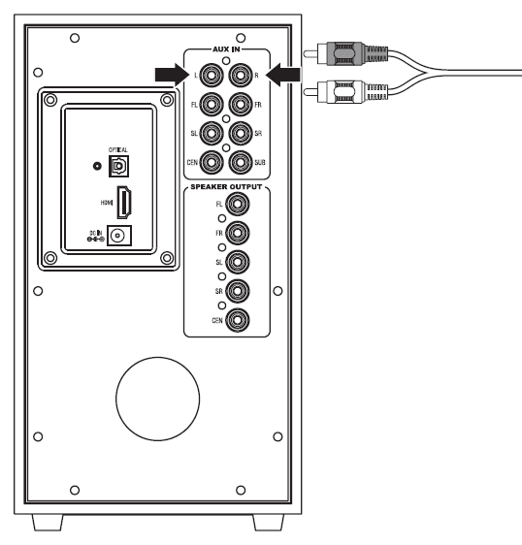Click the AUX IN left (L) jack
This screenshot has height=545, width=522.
(212, 74)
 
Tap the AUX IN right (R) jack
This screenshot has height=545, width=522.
(240, 74)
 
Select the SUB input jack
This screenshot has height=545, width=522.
(240, 162)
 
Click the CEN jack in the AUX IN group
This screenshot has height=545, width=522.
(212, 162)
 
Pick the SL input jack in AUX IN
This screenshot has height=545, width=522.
(212, 133)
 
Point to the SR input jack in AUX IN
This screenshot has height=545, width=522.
(240, 133)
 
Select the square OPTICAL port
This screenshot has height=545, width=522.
(121, 166)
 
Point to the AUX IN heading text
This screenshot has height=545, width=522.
(226, 48)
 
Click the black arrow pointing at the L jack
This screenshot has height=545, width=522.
(166, 74)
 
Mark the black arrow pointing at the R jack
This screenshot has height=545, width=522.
(284, 74)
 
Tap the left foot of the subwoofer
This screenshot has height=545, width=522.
(49, 522)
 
